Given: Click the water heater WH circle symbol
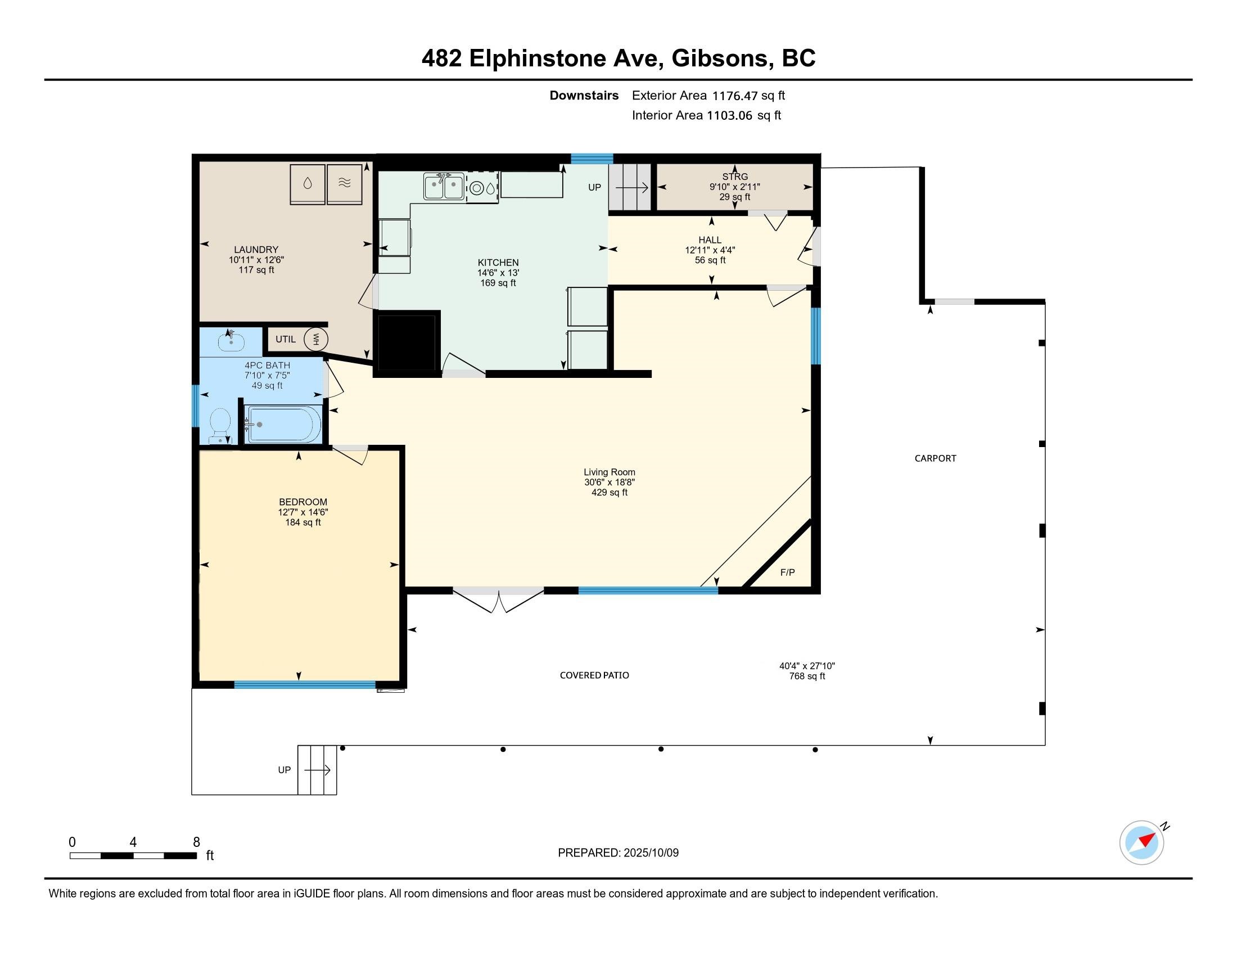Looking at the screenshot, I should click(316, 339).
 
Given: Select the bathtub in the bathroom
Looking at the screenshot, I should click(283, 424).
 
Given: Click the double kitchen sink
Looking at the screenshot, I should click(444, 187).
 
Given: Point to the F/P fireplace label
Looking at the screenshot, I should click(787, 572).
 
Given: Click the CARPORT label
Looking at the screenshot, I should click(935, 458).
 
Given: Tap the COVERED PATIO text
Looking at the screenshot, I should click(594, 675).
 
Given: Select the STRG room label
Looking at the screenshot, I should click(735, 176).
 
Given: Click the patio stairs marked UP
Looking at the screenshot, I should click(317, 770).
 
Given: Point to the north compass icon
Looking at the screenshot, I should click(1142, 842).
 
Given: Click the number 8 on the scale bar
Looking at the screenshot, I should click(197, 842).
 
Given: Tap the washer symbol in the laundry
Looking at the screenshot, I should click(308, 183).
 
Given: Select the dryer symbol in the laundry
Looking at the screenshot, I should click(344, 183).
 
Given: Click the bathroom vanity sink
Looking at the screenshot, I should click(231, 341).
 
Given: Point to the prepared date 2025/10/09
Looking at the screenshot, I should click(650, 853).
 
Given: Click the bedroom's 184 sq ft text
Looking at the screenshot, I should click(303, 522).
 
